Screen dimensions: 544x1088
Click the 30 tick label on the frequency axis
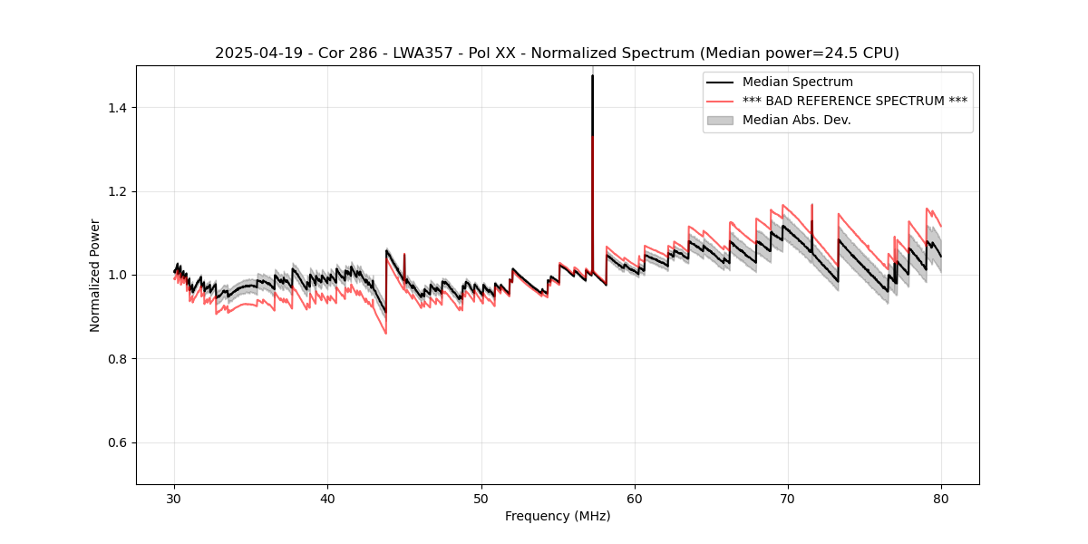point(174,498)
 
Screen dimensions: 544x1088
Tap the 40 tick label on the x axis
point(327,498)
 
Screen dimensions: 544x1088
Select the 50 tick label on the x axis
point(481,498)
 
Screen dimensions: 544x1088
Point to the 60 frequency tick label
point(635,498)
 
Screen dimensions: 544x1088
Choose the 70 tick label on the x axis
point(788,498)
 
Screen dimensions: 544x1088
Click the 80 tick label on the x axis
point(941,498)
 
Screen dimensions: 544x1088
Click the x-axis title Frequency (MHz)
point(558,516)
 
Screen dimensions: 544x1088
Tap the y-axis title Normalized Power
point(95,275)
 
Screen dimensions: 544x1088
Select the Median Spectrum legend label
point(797,83)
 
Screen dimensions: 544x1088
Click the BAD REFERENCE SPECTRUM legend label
point(854,101)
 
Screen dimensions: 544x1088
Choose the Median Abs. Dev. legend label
point(796,120)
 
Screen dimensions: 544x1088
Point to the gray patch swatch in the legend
point(721,120)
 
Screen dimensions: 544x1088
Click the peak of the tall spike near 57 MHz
point(592,75)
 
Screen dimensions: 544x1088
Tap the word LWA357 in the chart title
point(424,53)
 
